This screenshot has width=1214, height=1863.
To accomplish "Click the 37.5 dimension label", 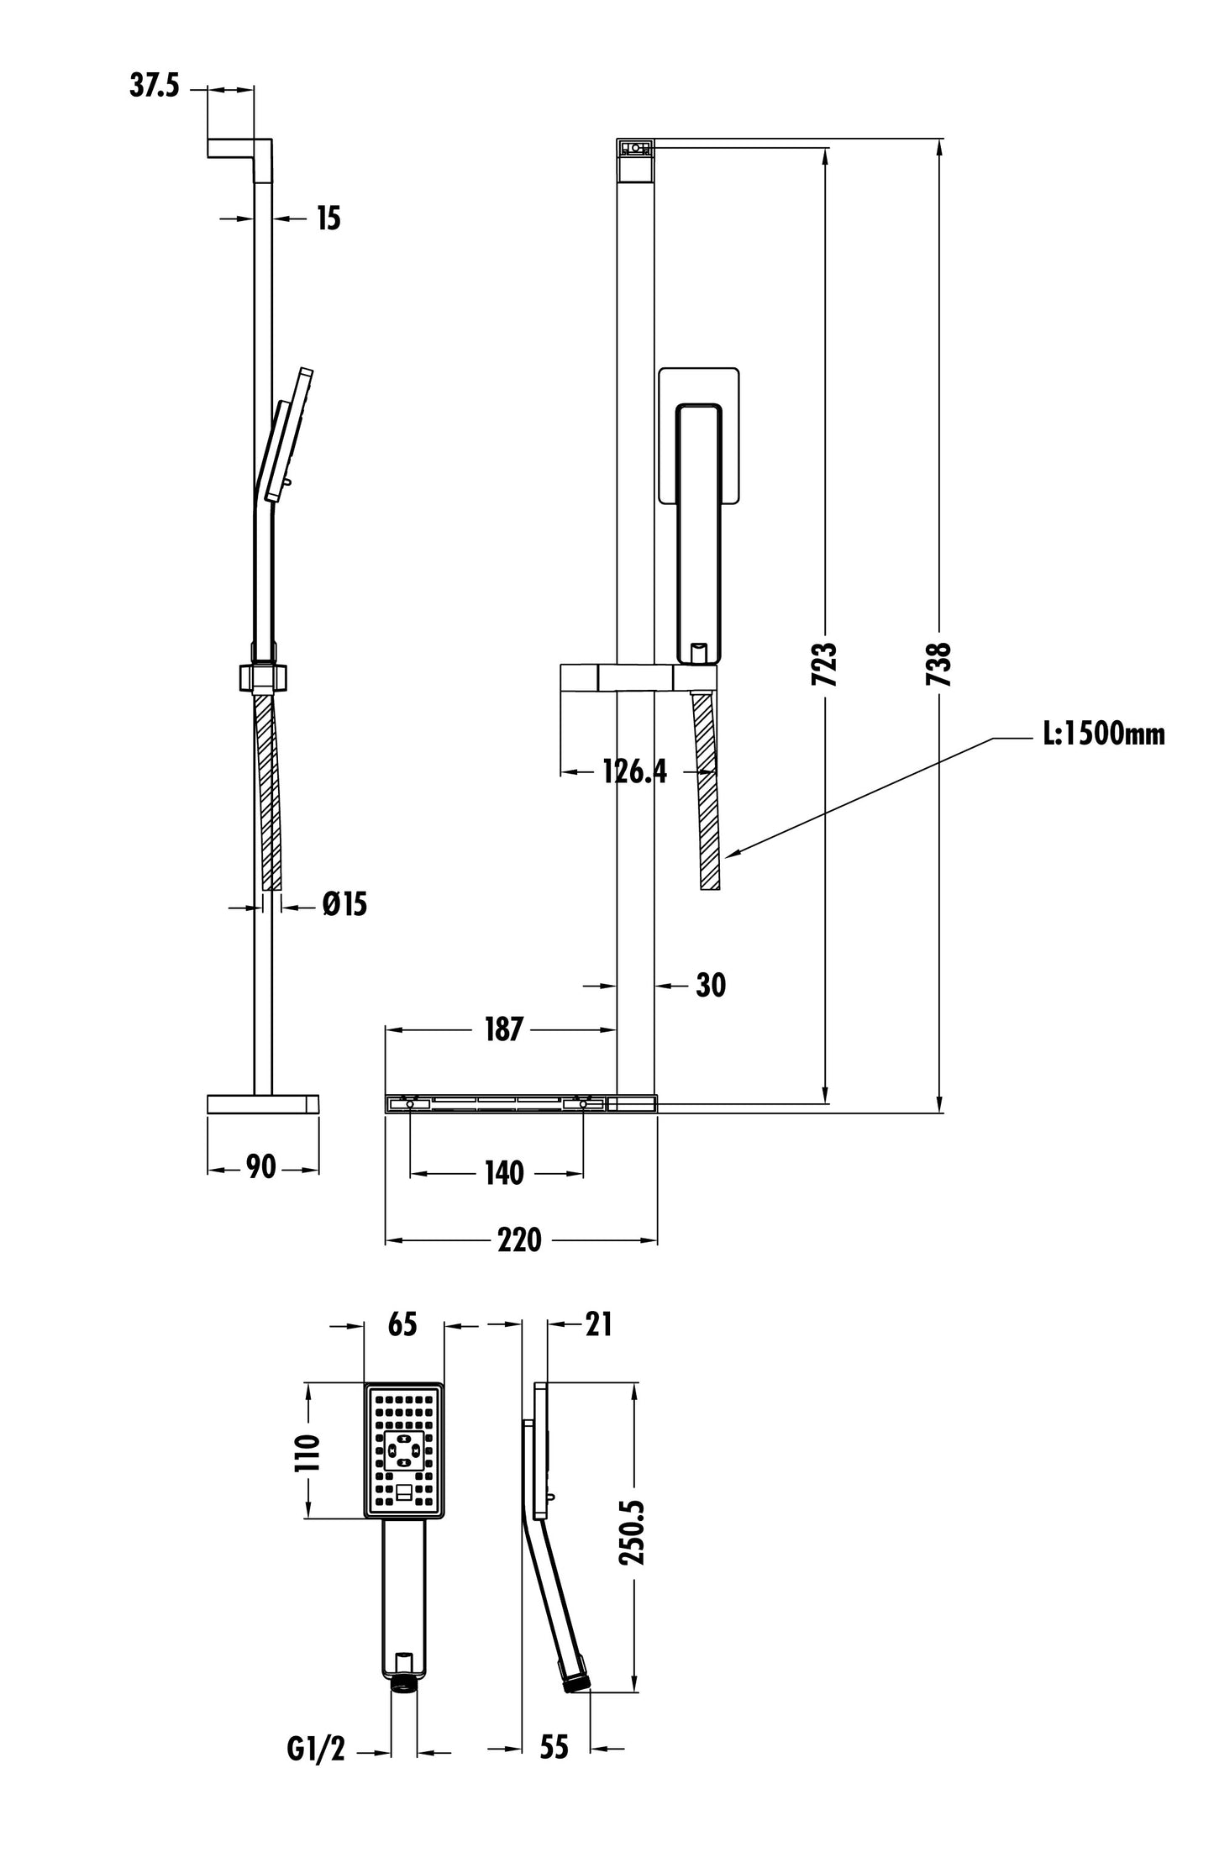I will [155, 87].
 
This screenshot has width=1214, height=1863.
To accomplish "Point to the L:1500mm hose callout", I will [1104, 734].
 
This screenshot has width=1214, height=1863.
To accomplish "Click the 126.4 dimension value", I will [634, 771].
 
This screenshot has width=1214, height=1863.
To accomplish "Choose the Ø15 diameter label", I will [344, 904].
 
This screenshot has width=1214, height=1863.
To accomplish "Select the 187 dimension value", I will [503, 1029].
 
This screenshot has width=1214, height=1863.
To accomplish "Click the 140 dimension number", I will [503, 1173].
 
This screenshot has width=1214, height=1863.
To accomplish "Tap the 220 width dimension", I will [519, 1240].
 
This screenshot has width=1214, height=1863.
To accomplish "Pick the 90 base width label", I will [261, 1167].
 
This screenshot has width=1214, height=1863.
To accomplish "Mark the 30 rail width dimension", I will [711, 985].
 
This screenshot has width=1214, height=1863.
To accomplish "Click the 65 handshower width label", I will [402, 1324].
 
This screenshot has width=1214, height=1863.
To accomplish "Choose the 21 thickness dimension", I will [598, 1325].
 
